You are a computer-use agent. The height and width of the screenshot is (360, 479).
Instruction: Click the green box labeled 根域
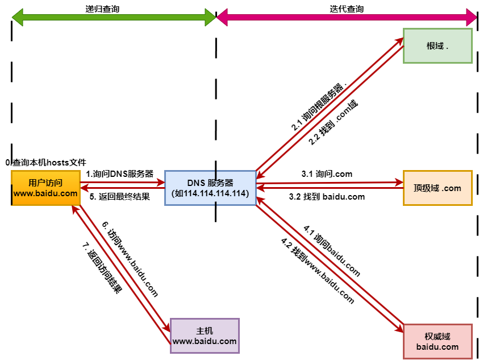click(438, 45)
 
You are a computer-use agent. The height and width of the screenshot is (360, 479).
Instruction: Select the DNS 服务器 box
click(210, 188)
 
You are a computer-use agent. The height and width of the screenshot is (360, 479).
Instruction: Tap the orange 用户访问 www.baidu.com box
click(45, 188)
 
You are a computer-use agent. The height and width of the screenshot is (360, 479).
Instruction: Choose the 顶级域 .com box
click(438, 188)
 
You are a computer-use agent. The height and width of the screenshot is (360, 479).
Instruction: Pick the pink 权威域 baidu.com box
click(438, 341)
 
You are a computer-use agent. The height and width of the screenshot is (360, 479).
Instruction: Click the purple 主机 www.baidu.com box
click(205, 336)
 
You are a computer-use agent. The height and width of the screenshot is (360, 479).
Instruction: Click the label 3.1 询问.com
click(327, 173)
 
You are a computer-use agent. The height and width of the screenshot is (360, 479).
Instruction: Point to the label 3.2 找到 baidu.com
click(327, 197)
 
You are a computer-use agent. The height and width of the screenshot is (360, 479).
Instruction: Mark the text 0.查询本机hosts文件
click(46, 163)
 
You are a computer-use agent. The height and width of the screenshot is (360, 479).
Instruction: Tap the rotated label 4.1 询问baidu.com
click(332, 251)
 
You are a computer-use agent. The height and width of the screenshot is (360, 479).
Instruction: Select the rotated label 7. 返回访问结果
click(102, 268)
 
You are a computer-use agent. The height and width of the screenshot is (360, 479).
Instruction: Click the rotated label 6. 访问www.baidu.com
click(130, 259)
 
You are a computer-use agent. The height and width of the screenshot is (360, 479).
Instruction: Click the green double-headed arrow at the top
click(114, 18)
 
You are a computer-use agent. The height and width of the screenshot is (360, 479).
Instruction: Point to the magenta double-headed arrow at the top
click(347, 18)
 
